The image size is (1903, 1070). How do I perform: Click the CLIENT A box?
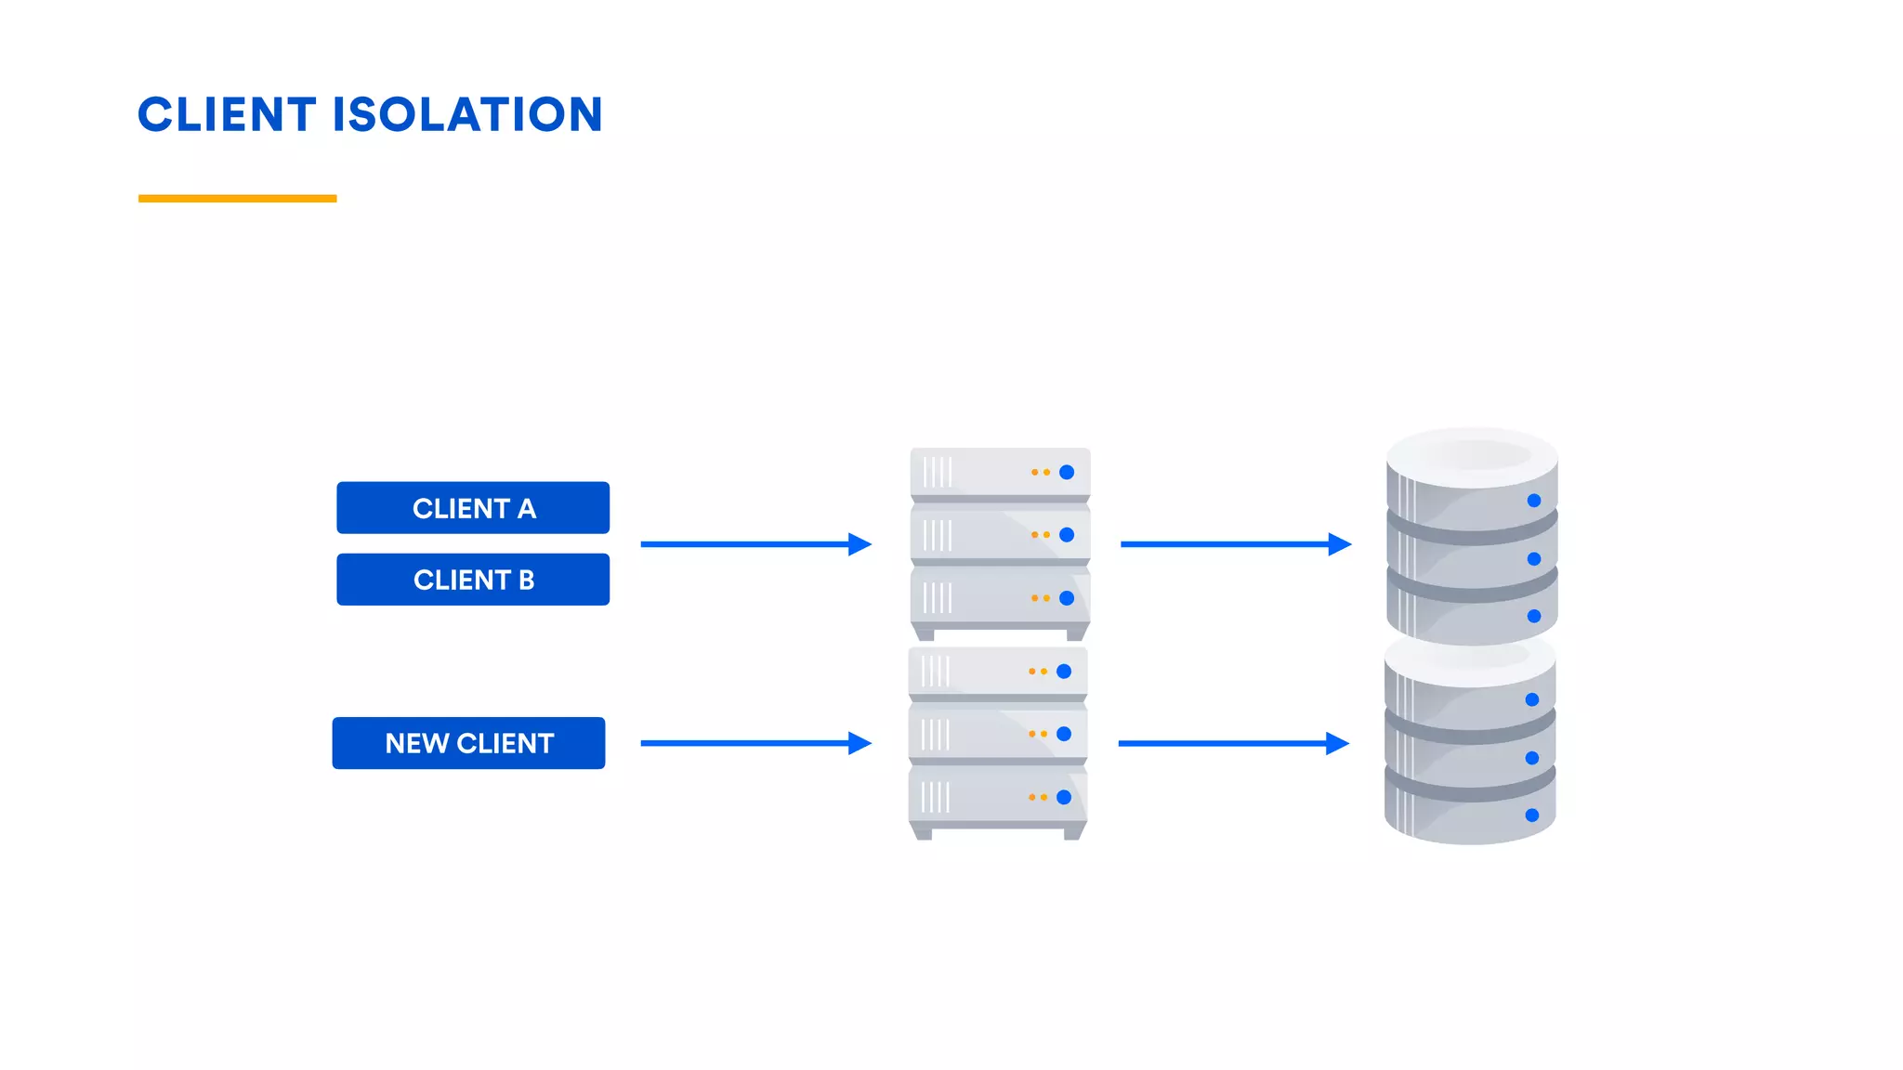tap(473, 508)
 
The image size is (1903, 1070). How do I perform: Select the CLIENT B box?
tap(473, 580)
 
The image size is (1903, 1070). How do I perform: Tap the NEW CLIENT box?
tap(468, 743)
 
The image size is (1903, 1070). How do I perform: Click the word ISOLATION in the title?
tap(467, 115)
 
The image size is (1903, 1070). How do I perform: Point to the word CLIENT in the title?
tap(227, 115)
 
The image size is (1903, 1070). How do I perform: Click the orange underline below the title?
tap(237, 198)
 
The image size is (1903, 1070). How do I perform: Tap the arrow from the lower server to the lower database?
tap(1232, 743)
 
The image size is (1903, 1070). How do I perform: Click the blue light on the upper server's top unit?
tap(1067, 472)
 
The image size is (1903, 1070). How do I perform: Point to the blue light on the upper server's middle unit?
tap(1067, 535)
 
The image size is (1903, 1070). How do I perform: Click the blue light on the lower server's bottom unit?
tap(1064, 797)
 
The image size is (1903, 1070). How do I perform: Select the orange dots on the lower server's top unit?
tap(1038, 671)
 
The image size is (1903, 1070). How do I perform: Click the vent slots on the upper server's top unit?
tap(937, 472)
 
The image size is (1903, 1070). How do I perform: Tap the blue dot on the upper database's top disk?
tap(1534, 501)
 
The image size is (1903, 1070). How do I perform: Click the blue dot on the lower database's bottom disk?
tap(1532, 816)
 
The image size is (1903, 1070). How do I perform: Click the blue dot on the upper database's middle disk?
tap(1534, 559)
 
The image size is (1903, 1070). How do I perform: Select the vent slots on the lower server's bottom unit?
tap(935, 797)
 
